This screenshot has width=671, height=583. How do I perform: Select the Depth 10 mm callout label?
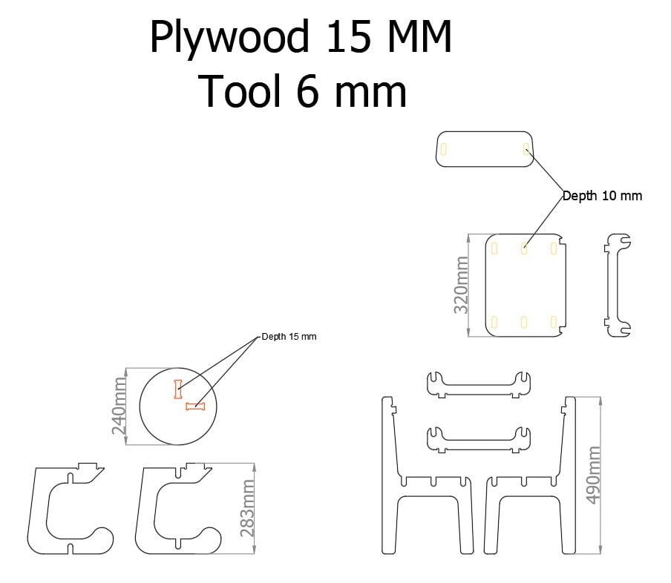point(602,196)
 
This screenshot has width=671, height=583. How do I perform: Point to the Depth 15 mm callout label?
point(289,337)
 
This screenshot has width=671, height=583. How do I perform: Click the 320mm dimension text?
point(461,285)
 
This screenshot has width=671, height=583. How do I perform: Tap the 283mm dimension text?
point(248,508)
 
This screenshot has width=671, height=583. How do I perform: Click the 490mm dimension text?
point(593,475)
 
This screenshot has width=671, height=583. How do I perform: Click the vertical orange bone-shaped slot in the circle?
point(178,389)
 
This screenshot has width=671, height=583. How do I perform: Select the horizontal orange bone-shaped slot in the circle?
point(195,406)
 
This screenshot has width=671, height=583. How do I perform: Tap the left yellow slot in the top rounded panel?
point(444,148)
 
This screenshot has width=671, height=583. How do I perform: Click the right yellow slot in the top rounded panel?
point(526,148)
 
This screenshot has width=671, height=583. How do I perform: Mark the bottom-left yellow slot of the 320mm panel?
point(494,322)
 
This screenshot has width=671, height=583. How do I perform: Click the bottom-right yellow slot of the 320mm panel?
point(553,322)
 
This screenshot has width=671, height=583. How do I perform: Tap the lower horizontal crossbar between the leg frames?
point(479,439)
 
